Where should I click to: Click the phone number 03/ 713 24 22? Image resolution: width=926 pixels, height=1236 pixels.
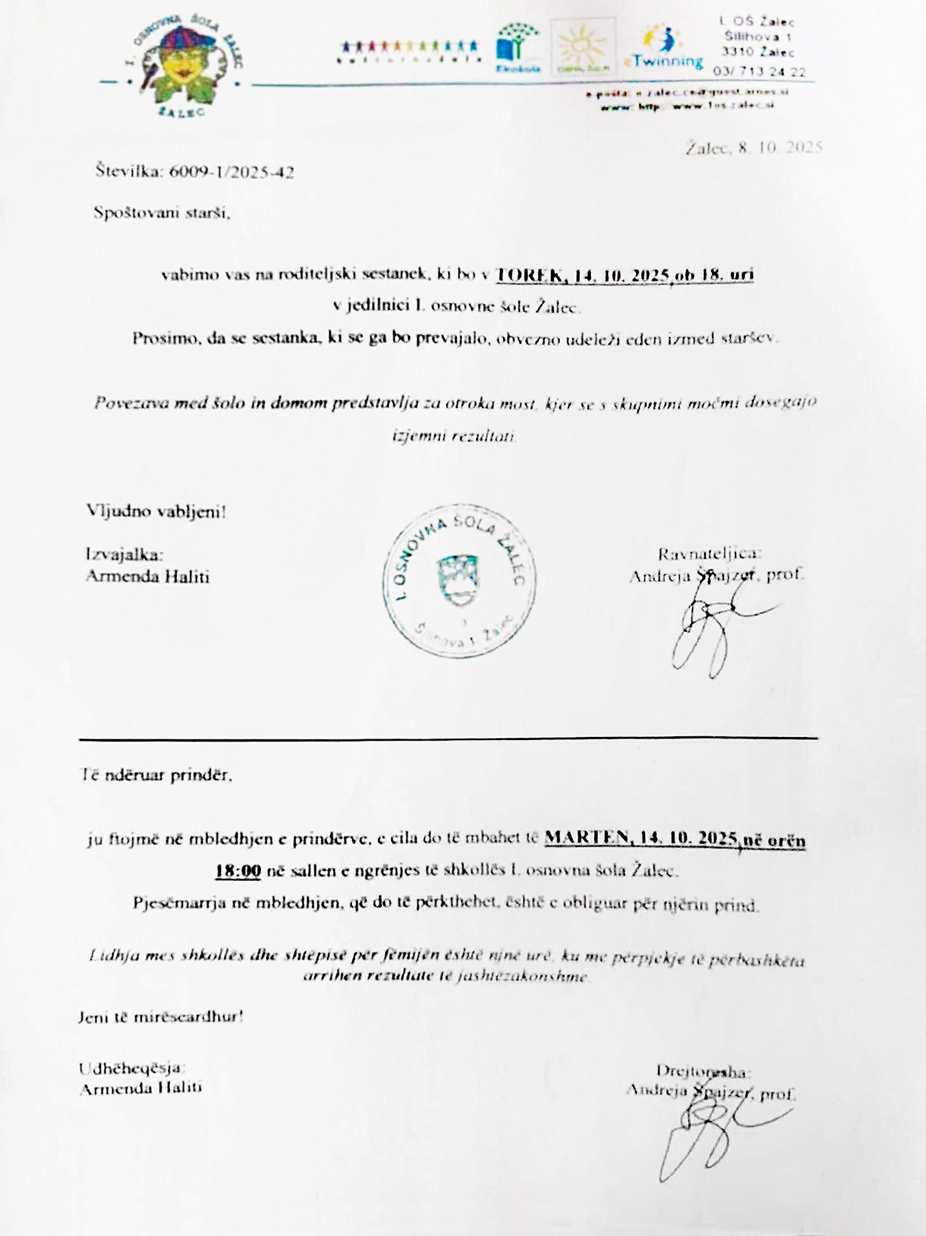[x=759, y=72]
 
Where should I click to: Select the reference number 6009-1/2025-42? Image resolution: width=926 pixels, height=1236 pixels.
[x=231, y=172]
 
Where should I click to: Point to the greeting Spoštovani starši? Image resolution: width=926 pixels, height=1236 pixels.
[x=162, y=213]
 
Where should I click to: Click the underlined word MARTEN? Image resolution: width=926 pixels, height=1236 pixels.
[x=587, y=837]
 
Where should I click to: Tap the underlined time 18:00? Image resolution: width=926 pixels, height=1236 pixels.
[x=238, y=871]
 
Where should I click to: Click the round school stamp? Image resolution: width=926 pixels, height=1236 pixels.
[x=459, y=581]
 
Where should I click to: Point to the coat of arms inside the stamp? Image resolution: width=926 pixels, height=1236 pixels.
[x=457, y=579]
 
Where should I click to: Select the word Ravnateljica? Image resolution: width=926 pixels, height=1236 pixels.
[x=710, y=554]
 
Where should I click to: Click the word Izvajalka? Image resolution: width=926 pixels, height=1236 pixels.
[x=124, y=554]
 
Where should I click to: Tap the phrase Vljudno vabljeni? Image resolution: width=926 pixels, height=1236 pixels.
[x=156, y=512]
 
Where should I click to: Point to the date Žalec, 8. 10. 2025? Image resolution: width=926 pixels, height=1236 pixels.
[x=753, y=148]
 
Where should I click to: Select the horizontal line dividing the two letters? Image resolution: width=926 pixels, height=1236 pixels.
[x=448, y=739]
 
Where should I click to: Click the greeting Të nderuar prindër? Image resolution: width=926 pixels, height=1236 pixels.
[x=157, y=775]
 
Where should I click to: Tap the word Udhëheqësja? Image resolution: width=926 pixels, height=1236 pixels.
[x=131, y=1068]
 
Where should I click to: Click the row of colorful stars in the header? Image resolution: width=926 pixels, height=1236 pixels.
[x=409, y=47]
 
